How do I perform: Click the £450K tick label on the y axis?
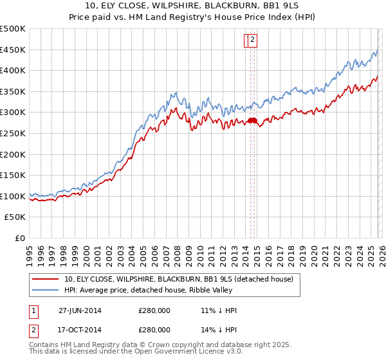13,50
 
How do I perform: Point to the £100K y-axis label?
13,196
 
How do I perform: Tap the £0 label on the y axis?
20,238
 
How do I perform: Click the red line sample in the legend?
45,279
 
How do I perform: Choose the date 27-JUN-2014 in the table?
80,310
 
